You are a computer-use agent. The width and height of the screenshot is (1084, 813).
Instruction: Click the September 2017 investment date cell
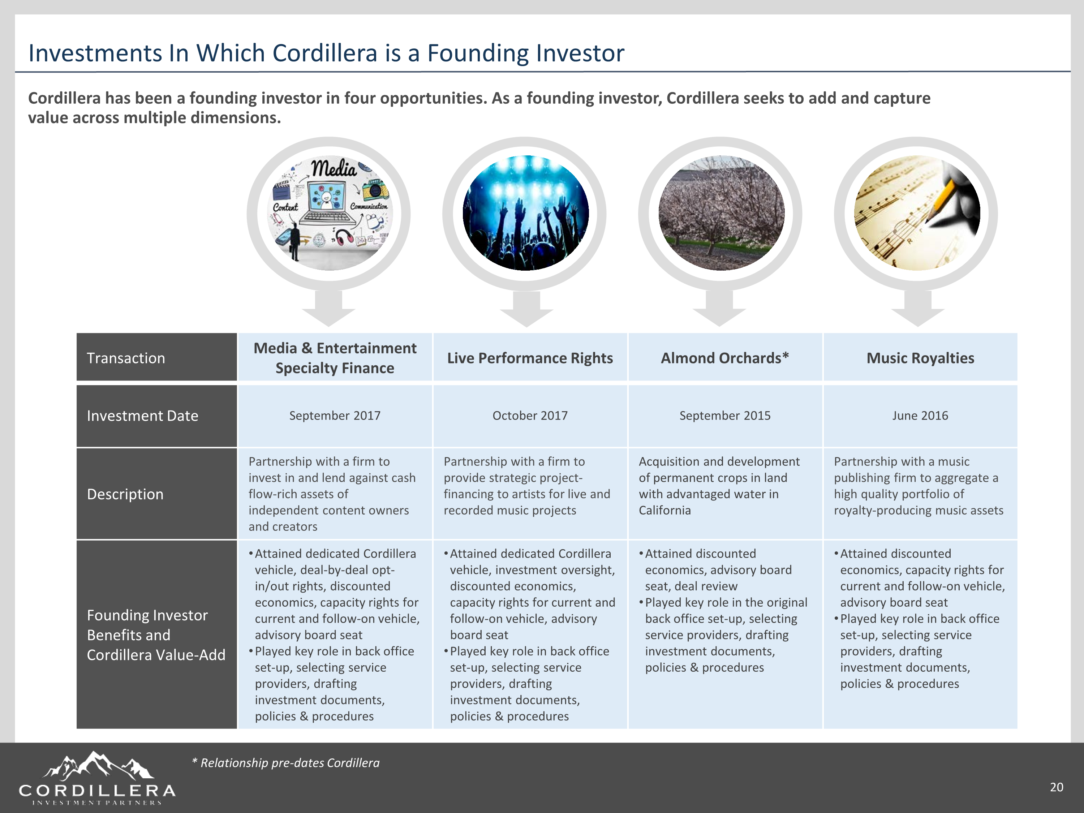[335, 416]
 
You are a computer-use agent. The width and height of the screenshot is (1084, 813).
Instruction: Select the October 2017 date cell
[530, 416]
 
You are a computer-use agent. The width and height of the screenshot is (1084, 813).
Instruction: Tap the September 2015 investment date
[725, 416]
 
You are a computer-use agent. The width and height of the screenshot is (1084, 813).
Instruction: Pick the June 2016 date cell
[920, 416]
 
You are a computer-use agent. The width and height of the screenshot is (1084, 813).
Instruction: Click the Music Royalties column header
[920, 358]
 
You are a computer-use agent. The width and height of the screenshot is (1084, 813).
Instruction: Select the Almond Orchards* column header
[725, 358]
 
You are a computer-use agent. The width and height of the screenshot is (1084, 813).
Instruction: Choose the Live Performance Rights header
[530, 358]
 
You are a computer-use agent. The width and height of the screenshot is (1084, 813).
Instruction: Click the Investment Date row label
[143, 416]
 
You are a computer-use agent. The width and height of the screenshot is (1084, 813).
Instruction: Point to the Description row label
[125, 494]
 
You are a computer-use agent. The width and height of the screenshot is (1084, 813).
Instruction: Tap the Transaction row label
[126, 358]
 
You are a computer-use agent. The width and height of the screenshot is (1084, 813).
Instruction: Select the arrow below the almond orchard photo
[719, 308]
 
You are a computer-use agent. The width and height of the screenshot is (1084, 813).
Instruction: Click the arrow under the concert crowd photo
[526, 308]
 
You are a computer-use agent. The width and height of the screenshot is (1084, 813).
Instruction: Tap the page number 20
[1057, 787]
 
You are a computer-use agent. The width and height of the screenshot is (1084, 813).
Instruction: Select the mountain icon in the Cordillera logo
[98, 766]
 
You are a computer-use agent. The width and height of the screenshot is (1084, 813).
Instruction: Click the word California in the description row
[664, 510]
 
